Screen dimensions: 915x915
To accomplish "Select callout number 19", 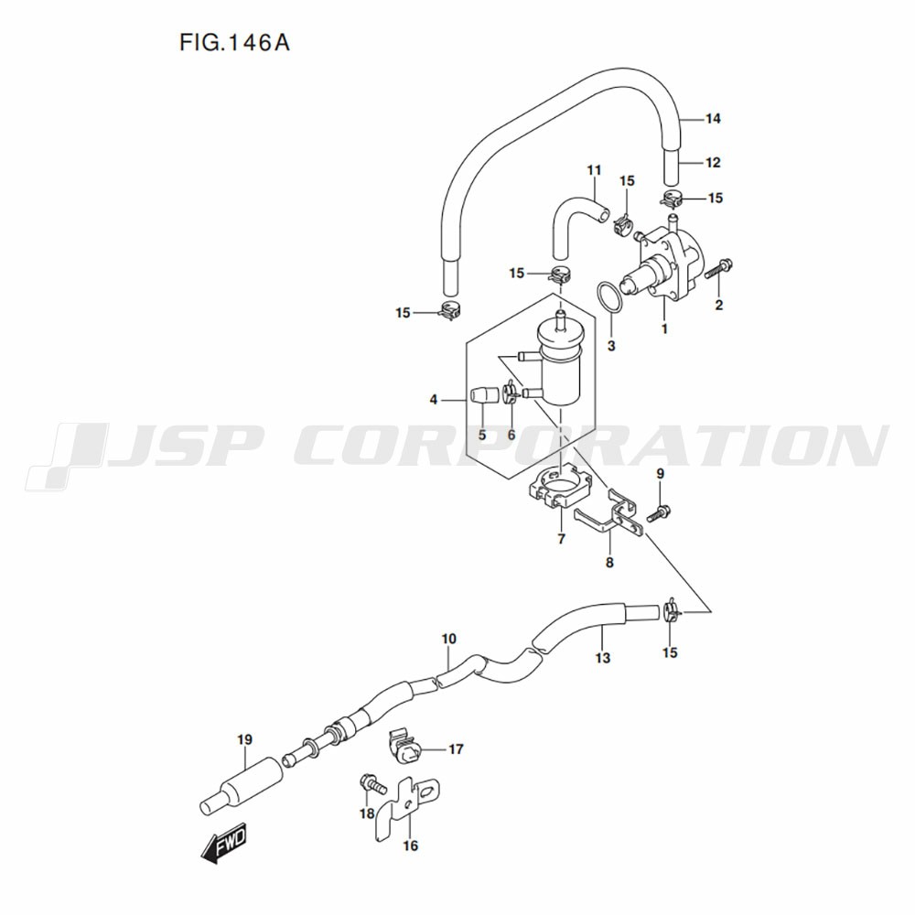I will [244, 739].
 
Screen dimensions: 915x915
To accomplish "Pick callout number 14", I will [714, 118].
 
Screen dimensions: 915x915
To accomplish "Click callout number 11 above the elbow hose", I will [595, 171].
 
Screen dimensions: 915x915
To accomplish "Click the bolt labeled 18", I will [371, 783].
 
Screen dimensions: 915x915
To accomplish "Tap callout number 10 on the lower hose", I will [448, 638].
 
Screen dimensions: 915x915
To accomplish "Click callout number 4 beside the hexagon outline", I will [434, 400].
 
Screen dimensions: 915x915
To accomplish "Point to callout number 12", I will [714, 163].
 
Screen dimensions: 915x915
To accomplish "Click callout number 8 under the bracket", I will [609, 563].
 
